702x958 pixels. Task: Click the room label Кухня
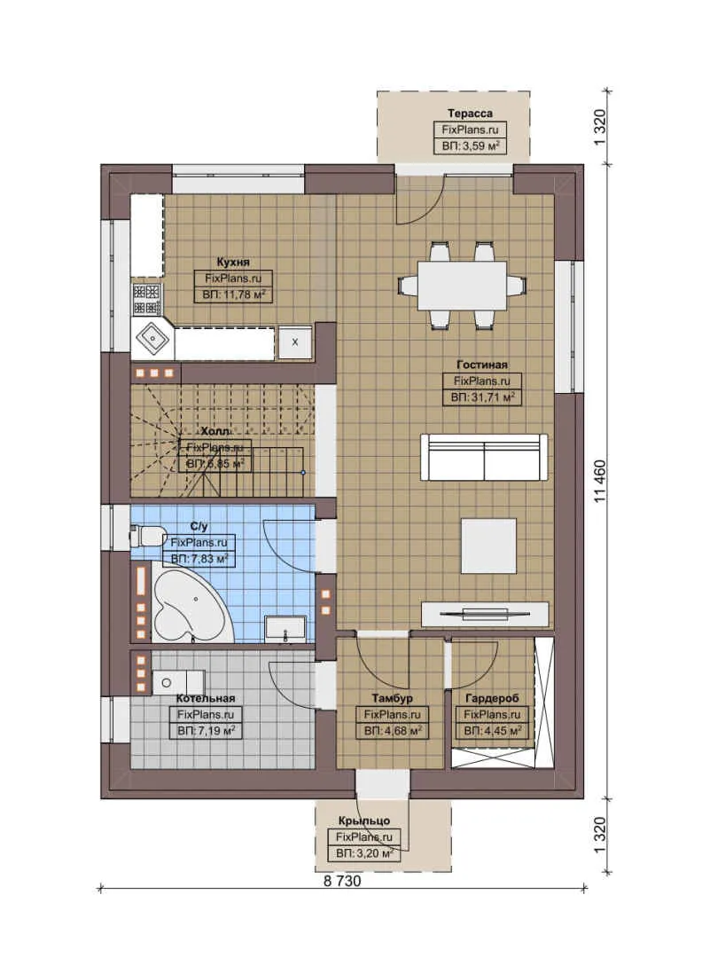232,262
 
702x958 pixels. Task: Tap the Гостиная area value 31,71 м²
482,397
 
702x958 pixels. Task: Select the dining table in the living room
462,285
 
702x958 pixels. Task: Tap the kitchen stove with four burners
146,298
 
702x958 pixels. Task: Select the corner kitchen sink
153,337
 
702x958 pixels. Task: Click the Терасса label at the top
470,114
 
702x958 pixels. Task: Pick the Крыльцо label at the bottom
363,821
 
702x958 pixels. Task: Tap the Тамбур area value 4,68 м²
392,730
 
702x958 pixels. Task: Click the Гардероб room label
491,698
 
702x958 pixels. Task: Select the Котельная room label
205,698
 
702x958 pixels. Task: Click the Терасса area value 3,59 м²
470,145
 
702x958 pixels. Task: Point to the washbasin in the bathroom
286,628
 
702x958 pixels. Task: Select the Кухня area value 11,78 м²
232,294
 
